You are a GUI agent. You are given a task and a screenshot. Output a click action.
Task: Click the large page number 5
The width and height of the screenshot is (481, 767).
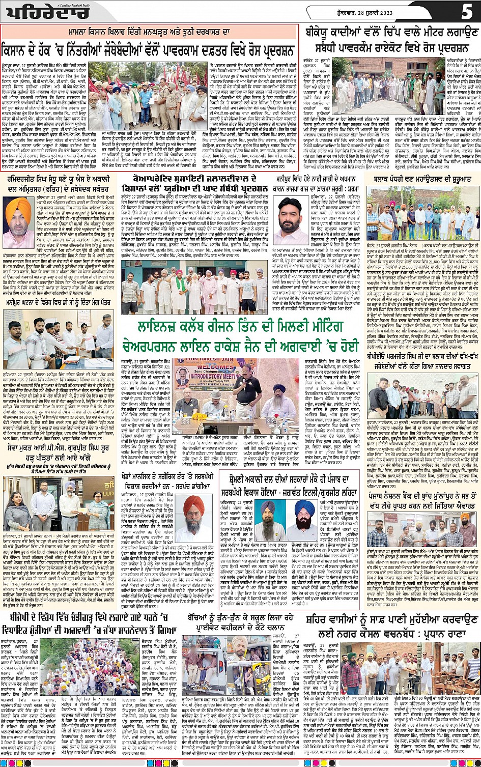point(466,11)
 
